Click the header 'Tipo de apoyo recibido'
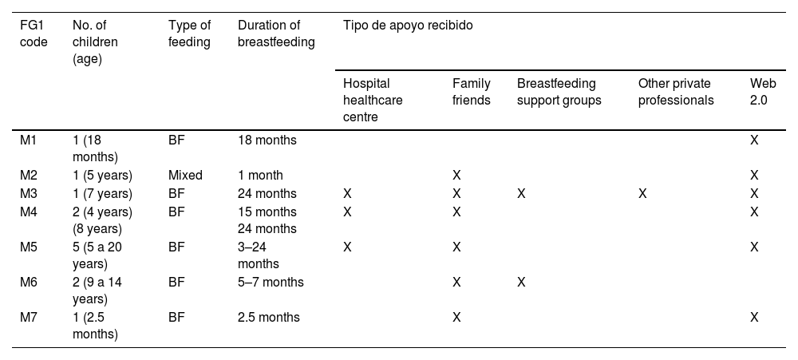(x=408, y=25)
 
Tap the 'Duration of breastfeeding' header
(x=276, y=32)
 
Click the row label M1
(x=29, y=140)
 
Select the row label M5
(x=29, y=247)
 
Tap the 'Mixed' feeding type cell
(x=185, y=175)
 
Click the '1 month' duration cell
(x=260, y=175)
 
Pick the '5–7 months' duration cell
(x=271, y=282)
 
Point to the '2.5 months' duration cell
(x=269, y=317)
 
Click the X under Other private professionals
(x=642, y=193)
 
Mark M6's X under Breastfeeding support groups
(x=520, y=282)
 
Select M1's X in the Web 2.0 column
(x=754, y=140)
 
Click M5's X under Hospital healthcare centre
(x=347, y=247)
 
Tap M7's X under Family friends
(x=456, y=317)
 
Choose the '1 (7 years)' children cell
(x=102, y=193)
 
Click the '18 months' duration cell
(x=267, y=140)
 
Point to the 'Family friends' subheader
(x=472, y=90)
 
